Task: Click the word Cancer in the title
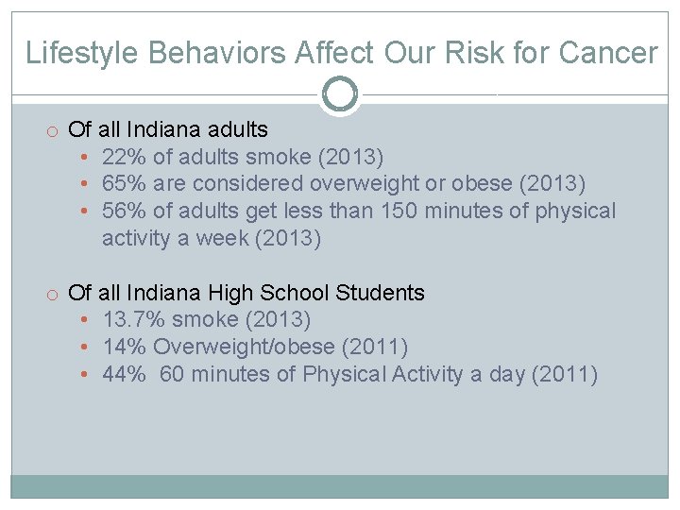(x=607, y=53)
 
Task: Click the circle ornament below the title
(x=340, y=94)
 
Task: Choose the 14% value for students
(x=123, y=348)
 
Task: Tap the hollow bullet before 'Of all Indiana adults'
(x=54, y=130)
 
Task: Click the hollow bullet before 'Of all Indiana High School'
(x=54, y=294)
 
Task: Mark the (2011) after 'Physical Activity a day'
(x=565, y=375)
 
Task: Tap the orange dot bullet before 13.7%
(x=85, y=321)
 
